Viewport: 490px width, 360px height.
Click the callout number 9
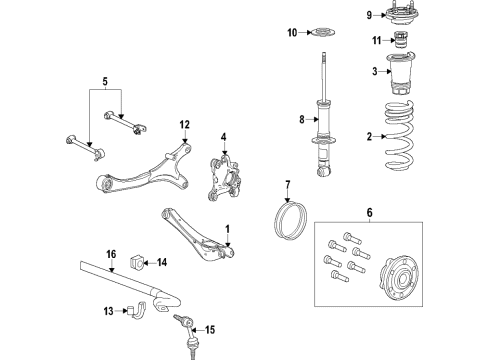click(x=368, y=14)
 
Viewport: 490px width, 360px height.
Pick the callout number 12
click(x=185, y=125)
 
